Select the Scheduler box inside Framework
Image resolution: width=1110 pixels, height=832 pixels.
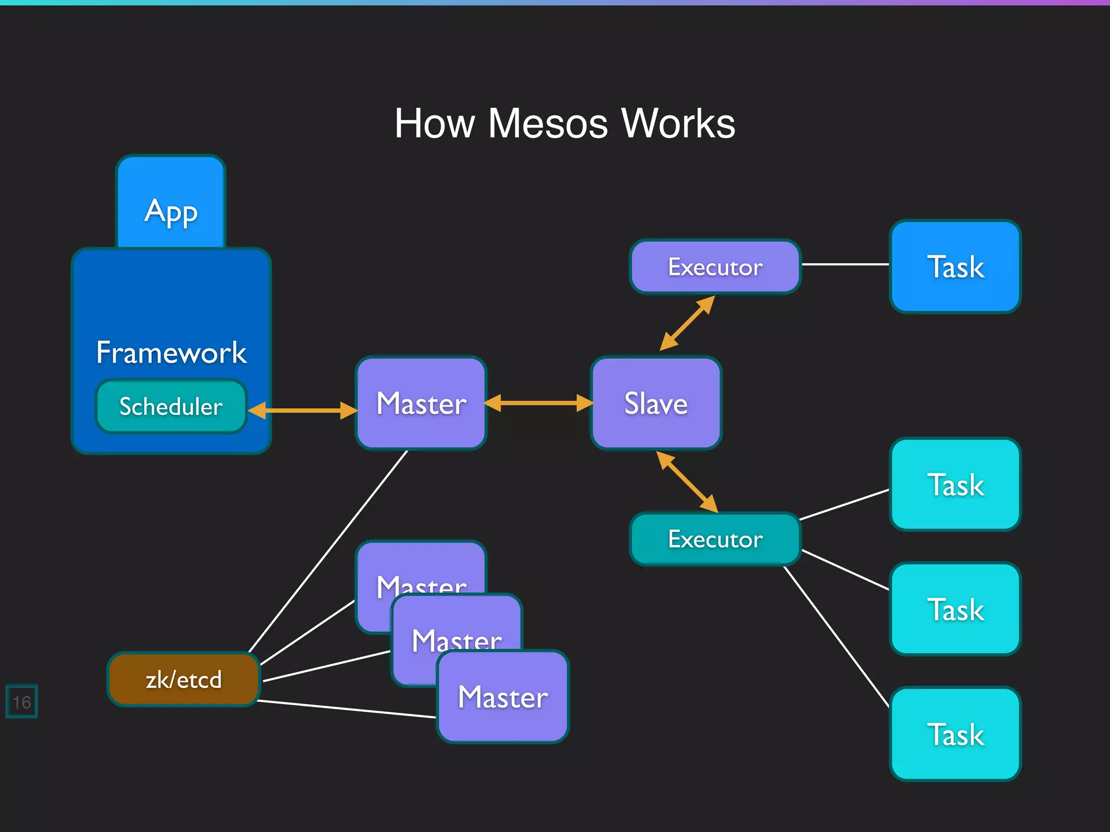tap(171, 406)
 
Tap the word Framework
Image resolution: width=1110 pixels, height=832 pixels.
tap(171, 353)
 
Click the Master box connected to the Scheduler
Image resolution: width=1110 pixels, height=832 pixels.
tap(421, 403)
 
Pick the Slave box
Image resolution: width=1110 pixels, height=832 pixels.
tap(656, 403)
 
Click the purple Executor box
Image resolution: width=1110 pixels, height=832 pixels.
tap(715, 266)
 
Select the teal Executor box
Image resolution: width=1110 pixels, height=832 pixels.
tap(715, 539)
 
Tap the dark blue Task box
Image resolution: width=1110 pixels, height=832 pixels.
tap(955, 266)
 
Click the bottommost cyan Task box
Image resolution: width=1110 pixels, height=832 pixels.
tap(955, 734)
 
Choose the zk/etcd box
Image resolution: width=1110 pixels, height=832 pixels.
tap(183, 679)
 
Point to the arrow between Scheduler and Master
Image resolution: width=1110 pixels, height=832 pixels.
tap(302, 410)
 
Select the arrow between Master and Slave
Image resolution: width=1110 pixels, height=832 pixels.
tap(538, 403)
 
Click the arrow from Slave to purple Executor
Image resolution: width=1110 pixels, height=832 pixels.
tap(687, 323)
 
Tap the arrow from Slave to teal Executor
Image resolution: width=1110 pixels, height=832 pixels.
tap(687, 482)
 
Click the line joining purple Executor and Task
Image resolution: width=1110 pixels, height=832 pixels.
tap(846, 264)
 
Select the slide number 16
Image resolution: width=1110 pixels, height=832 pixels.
tap(22, 702)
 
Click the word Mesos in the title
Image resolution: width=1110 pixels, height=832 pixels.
tap(547, 123)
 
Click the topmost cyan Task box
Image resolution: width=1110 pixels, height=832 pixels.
tap(955, 484)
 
